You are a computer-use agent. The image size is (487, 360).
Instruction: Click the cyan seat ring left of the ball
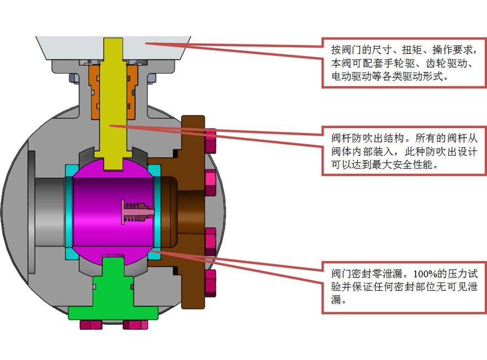click(69, 213)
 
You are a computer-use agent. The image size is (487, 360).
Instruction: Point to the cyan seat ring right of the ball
click(157, 213)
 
